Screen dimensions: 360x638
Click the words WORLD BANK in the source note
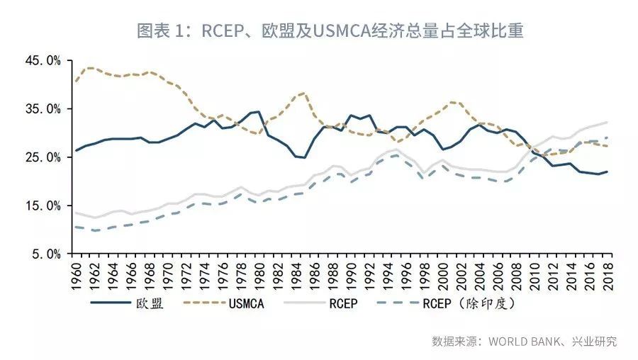[x=520, y=342]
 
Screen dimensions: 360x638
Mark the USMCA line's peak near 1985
[x=303, y=92]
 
